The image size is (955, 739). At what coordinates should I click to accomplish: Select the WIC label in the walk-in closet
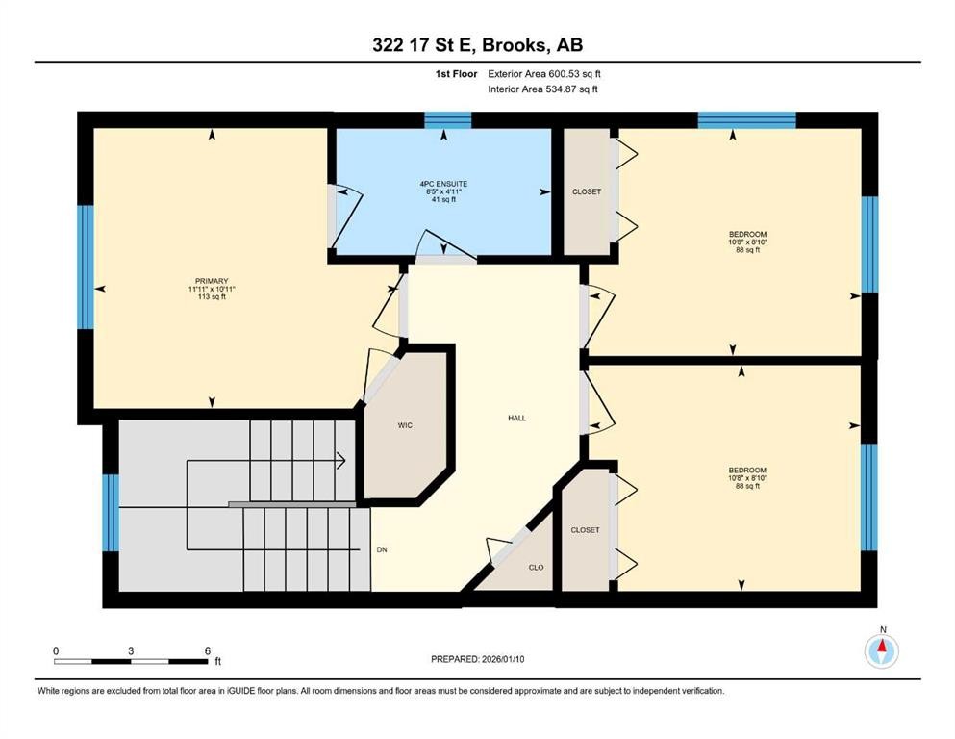[405, 424]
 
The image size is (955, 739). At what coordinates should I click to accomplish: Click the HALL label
[517, 418]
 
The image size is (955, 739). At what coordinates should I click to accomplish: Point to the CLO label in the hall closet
[537, 567]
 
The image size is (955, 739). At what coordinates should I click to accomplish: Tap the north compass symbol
[881, 650]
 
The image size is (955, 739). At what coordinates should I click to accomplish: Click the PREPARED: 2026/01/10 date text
[478, 659]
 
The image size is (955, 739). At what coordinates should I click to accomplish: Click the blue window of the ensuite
[448, 120]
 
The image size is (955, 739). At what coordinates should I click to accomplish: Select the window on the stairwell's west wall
[111, 513]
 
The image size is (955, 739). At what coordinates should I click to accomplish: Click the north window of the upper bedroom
[746, 120]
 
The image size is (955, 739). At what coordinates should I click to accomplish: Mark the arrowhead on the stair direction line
[341, 461]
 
